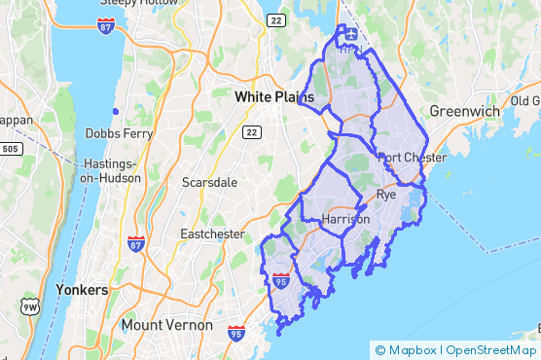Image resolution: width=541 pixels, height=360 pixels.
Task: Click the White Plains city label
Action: [x=272, y=98]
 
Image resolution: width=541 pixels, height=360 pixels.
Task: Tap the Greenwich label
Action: [x=465, y=111]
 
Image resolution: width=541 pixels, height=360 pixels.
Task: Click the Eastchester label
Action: [x=211, y=234]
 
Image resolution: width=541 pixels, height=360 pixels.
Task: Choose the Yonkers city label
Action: [x=82, y=290]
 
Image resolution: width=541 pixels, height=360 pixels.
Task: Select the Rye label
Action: [x=386, y=196]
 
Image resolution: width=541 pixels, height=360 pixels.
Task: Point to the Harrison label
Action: [x=345, y=220]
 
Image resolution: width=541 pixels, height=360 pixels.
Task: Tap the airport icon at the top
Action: [x=348, y=35]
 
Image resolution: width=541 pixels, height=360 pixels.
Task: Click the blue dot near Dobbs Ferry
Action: [x=116, y=111]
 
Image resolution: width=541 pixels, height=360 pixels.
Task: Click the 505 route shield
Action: [x=11, y=149]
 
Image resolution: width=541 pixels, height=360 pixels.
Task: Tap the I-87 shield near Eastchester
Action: [x=136, y=243]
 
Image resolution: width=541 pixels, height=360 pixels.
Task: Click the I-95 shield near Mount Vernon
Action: [x=235, y=334]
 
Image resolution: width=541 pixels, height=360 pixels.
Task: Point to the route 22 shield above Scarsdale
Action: [x=251, y=132]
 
